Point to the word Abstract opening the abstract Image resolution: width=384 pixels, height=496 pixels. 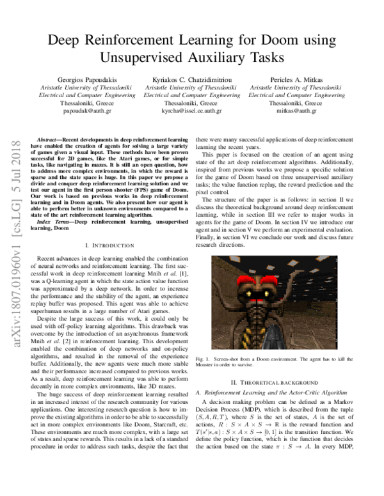pos(49,139)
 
